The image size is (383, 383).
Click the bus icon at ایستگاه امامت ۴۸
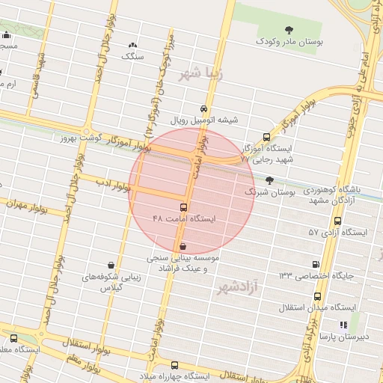pos(183,207)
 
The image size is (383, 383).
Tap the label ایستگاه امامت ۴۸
pos(183,219)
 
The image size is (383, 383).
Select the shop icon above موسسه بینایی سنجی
pos(183,245)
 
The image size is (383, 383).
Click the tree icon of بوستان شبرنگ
pos(269,180)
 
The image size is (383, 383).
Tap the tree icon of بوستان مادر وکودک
pos(289,29)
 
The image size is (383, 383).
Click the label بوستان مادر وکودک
pos(291,43)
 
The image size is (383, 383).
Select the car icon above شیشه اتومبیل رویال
pos(203,108)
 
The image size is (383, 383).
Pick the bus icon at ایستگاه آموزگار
pos(267,137)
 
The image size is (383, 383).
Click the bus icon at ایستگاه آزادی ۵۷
pos(338,221)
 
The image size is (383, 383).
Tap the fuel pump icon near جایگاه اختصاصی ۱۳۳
pos(316,264)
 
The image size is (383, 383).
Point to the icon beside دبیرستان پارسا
pos(343,325)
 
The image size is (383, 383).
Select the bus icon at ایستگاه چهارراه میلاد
pos(174,365)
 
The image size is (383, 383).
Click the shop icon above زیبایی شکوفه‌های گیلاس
pos(111,265)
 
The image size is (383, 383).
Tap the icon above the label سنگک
pos(133,45)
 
